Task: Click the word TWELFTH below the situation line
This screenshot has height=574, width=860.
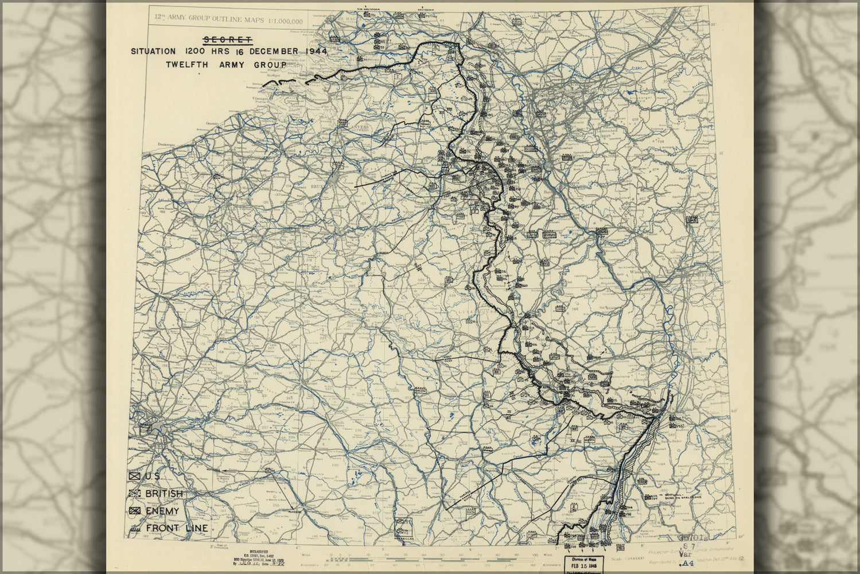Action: coord(186,65)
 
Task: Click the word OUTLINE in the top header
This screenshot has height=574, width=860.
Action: coord(228,20)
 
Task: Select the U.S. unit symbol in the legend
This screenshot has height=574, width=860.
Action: coord(135,476)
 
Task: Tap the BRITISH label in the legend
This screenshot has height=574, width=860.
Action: coord(164,494)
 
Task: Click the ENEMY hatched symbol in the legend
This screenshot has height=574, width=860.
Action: coord(135,511)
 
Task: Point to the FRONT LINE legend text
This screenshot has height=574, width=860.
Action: coord(177,528)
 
